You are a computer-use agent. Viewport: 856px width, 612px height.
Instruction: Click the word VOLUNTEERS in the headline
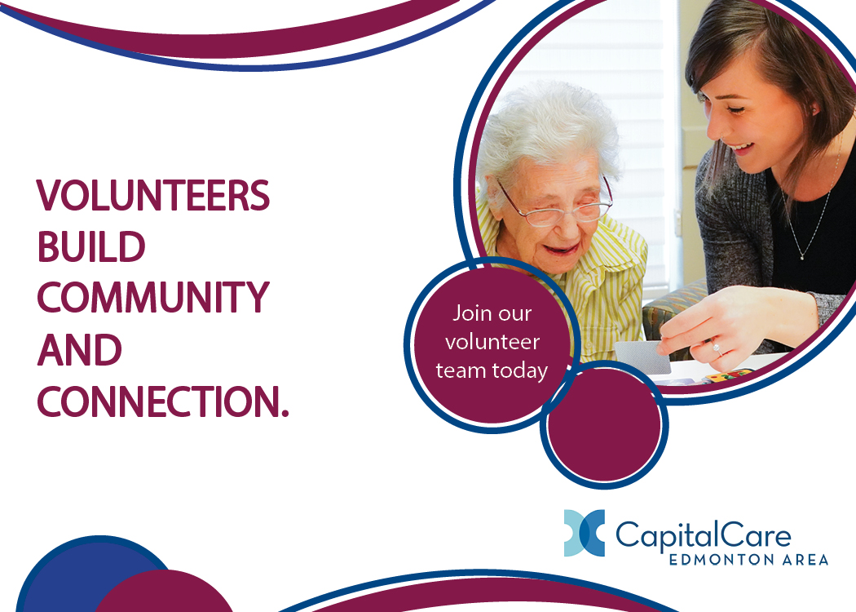click(x=153, y=195)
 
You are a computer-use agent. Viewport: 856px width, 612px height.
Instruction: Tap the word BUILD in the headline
click(x=91, y=247)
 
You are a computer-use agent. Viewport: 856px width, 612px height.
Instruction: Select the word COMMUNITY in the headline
click(x=153, y=298)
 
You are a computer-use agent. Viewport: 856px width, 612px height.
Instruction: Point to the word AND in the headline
click(x=80, y=350)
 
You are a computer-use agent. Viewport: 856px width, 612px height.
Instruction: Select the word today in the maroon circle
click(x=520, y=370)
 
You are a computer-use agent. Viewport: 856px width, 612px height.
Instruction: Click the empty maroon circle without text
click(x=604, y=425)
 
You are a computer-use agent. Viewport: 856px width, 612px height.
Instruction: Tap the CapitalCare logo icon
click(x=585, y=533)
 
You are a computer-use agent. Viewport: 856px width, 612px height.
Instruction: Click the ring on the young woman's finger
click(x=716, y=347)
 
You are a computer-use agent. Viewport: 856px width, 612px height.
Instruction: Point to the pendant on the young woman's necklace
click(x=802, y=255)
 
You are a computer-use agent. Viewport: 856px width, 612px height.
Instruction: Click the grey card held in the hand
click(x=642, y=357)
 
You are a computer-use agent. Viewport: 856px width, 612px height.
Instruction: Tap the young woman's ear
click(x=814, y=109)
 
